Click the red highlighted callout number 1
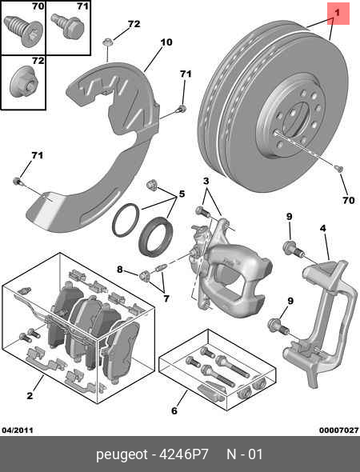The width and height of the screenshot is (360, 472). pos(338,13)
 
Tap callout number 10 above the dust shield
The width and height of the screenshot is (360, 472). pos(166,42)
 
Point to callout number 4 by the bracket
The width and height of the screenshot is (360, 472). pos(322,229)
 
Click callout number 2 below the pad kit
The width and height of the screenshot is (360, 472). pos(29,395)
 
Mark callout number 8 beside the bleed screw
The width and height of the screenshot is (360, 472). pos(121,270)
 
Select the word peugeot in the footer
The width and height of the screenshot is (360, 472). pos(122,455)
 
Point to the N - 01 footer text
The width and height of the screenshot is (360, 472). pos(244,455)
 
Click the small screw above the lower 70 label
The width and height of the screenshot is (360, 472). pos(338,169)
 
